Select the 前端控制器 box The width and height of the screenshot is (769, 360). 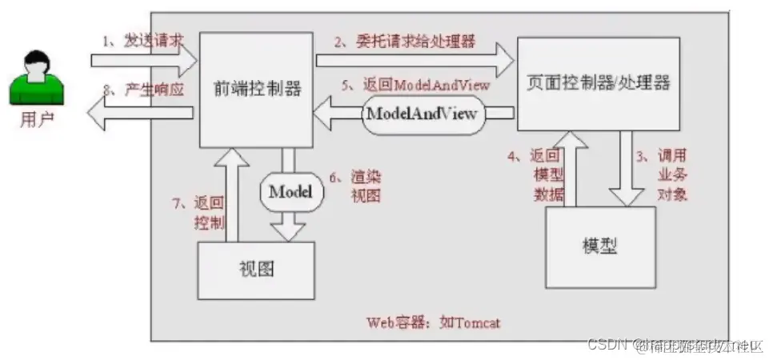point(254,88)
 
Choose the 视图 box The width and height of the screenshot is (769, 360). point(256,268)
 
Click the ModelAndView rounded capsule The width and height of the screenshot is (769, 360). point(422,114)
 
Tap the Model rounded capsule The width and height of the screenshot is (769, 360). point(290,191)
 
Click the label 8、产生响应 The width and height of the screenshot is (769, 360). point(140,90)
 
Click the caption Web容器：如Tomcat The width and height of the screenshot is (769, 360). point(434,323)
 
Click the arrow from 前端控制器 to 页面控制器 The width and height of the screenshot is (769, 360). point(414,59)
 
